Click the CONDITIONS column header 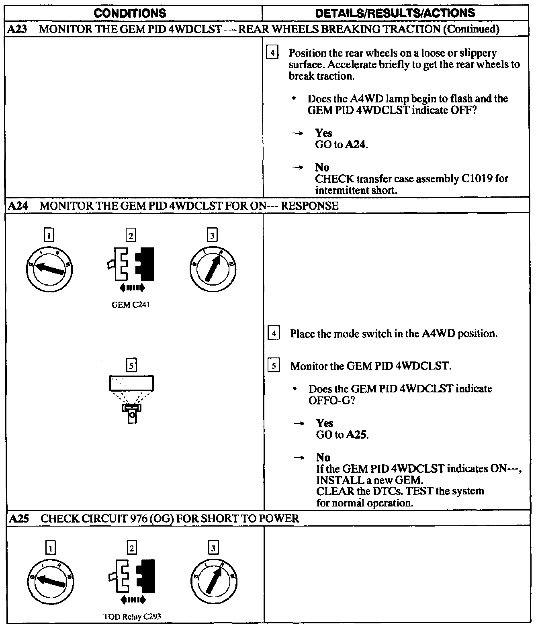tap(130, 13)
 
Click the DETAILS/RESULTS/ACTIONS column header tap(395, 13)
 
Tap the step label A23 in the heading tap(17, 29)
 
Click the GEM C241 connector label tap(131, 305)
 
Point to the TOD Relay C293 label tap(132, 617)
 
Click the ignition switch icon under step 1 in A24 tap(49, 268)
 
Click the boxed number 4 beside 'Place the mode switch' tap(273, 333)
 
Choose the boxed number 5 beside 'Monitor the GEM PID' tap(274, 366)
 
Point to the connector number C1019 tap(477, 179)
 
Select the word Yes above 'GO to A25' tap(325, 423)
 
